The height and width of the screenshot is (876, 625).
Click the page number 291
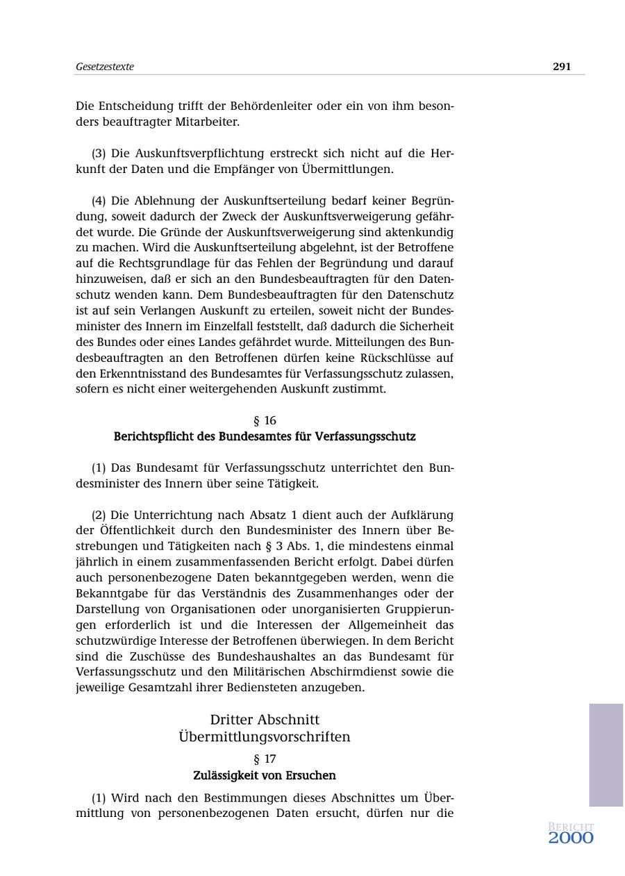click(562, 67)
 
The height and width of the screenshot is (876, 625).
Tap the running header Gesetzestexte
click(105, 67)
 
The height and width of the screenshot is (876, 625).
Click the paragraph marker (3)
click(99, 154)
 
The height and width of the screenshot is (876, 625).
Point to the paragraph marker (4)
click(99, 201)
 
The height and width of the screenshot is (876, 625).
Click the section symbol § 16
click(265, 420)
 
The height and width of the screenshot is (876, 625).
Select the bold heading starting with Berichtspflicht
click(265, 437)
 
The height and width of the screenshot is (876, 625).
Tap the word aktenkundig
click(424, 232)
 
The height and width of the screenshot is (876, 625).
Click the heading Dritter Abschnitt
click(265, 720)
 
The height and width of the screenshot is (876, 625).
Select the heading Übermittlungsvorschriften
click(265, 736)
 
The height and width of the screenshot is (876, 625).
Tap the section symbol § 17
click(265, 759)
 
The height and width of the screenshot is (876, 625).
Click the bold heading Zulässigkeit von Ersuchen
click(265, 775)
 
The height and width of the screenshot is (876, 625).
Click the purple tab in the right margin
click(606, 754)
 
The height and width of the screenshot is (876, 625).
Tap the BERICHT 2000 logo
click(571, 834)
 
